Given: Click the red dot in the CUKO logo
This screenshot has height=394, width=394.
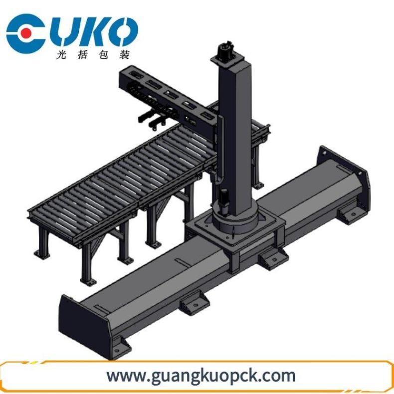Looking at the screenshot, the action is click(26, 33).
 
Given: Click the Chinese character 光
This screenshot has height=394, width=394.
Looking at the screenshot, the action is click(61, 54).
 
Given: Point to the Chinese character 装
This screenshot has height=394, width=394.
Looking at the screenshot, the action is click(124, 54).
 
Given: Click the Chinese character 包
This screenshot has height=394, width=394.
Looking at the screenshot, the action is click(104, 54).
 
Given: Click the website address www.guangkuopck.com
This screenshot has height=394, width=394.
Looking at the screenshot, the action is click(201, 376).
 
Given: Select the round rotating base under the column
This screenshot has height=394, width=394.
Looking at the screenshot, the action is click(234, 222).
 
